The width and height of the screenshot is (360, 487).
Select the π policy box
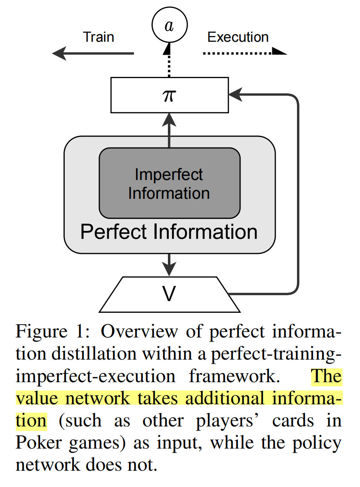coord(169,95)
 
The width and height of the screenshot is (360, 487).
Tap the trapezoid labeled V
coord(169,294)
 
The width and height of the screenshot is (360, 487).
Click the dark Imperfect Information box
coord(169,183)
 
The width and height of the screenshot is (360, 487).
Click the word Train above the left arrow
coord(99,37)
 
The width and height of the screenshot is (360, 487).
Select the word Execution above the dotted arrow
coord(238,37)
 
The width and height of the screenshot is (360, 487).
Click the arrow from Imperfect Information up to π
coord(169,129)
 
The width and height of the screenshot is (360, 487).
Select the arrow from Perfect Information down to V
coord(169,264)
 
